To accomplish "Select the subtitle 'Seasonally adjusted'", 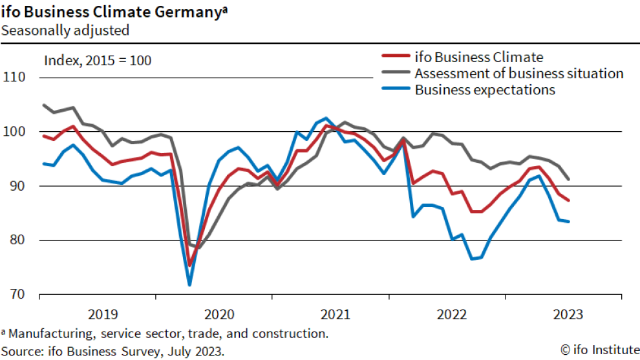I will tap(65, 30).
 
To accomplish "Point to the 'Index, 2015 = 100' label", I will tap(98, 61).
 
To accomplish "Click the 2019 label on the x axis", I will tap(103, 315).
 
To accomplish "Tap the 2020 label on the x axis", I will tap(219, 315).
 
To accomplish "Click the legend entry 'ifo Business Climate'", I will tap(479, 57).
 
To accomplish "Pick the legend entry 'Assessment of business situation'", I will tap(519, 73).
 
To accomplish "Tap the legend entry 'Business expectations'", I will tap(485, 90).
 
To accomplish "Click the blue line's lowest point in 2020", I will tap(189, 284).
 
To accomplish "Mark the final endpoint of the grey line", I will tap(569, 180).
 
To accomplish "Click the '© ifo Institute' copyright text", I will tap(599, 350).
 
